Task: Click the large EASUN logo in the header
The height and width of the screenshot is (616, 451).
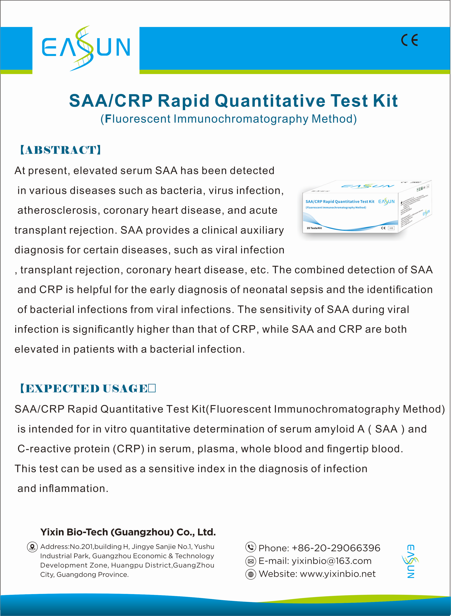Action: click(x=86, y=48)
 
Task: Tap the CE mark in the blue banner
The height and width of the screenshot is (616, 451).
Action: click(x=409, y=40)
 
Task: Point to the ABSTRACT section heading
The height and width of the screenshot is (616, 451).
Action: click(x=61, y=150)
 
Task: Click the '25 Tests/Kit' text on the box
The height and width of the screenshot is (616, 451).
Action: click(x=314, y=228)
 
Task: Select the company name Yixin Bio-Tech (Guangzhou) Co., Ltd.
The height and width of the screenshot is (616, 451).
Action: click(x=128, y=532)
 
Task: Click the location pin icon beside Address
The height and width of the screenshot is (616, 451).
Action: click(x=32, y=547)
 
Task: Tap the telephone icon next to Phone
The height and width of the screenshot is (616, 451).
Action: click(x=251, y=547)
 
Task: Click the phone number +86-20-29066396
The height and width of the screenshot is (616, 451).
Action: click(x=336, y=548)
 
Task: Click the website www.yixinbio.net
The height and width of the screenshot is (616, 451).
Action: click(x=338, y=574)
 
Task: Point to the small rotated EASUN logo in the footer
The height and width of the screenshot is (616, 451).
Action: click(x=411, y=561)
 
